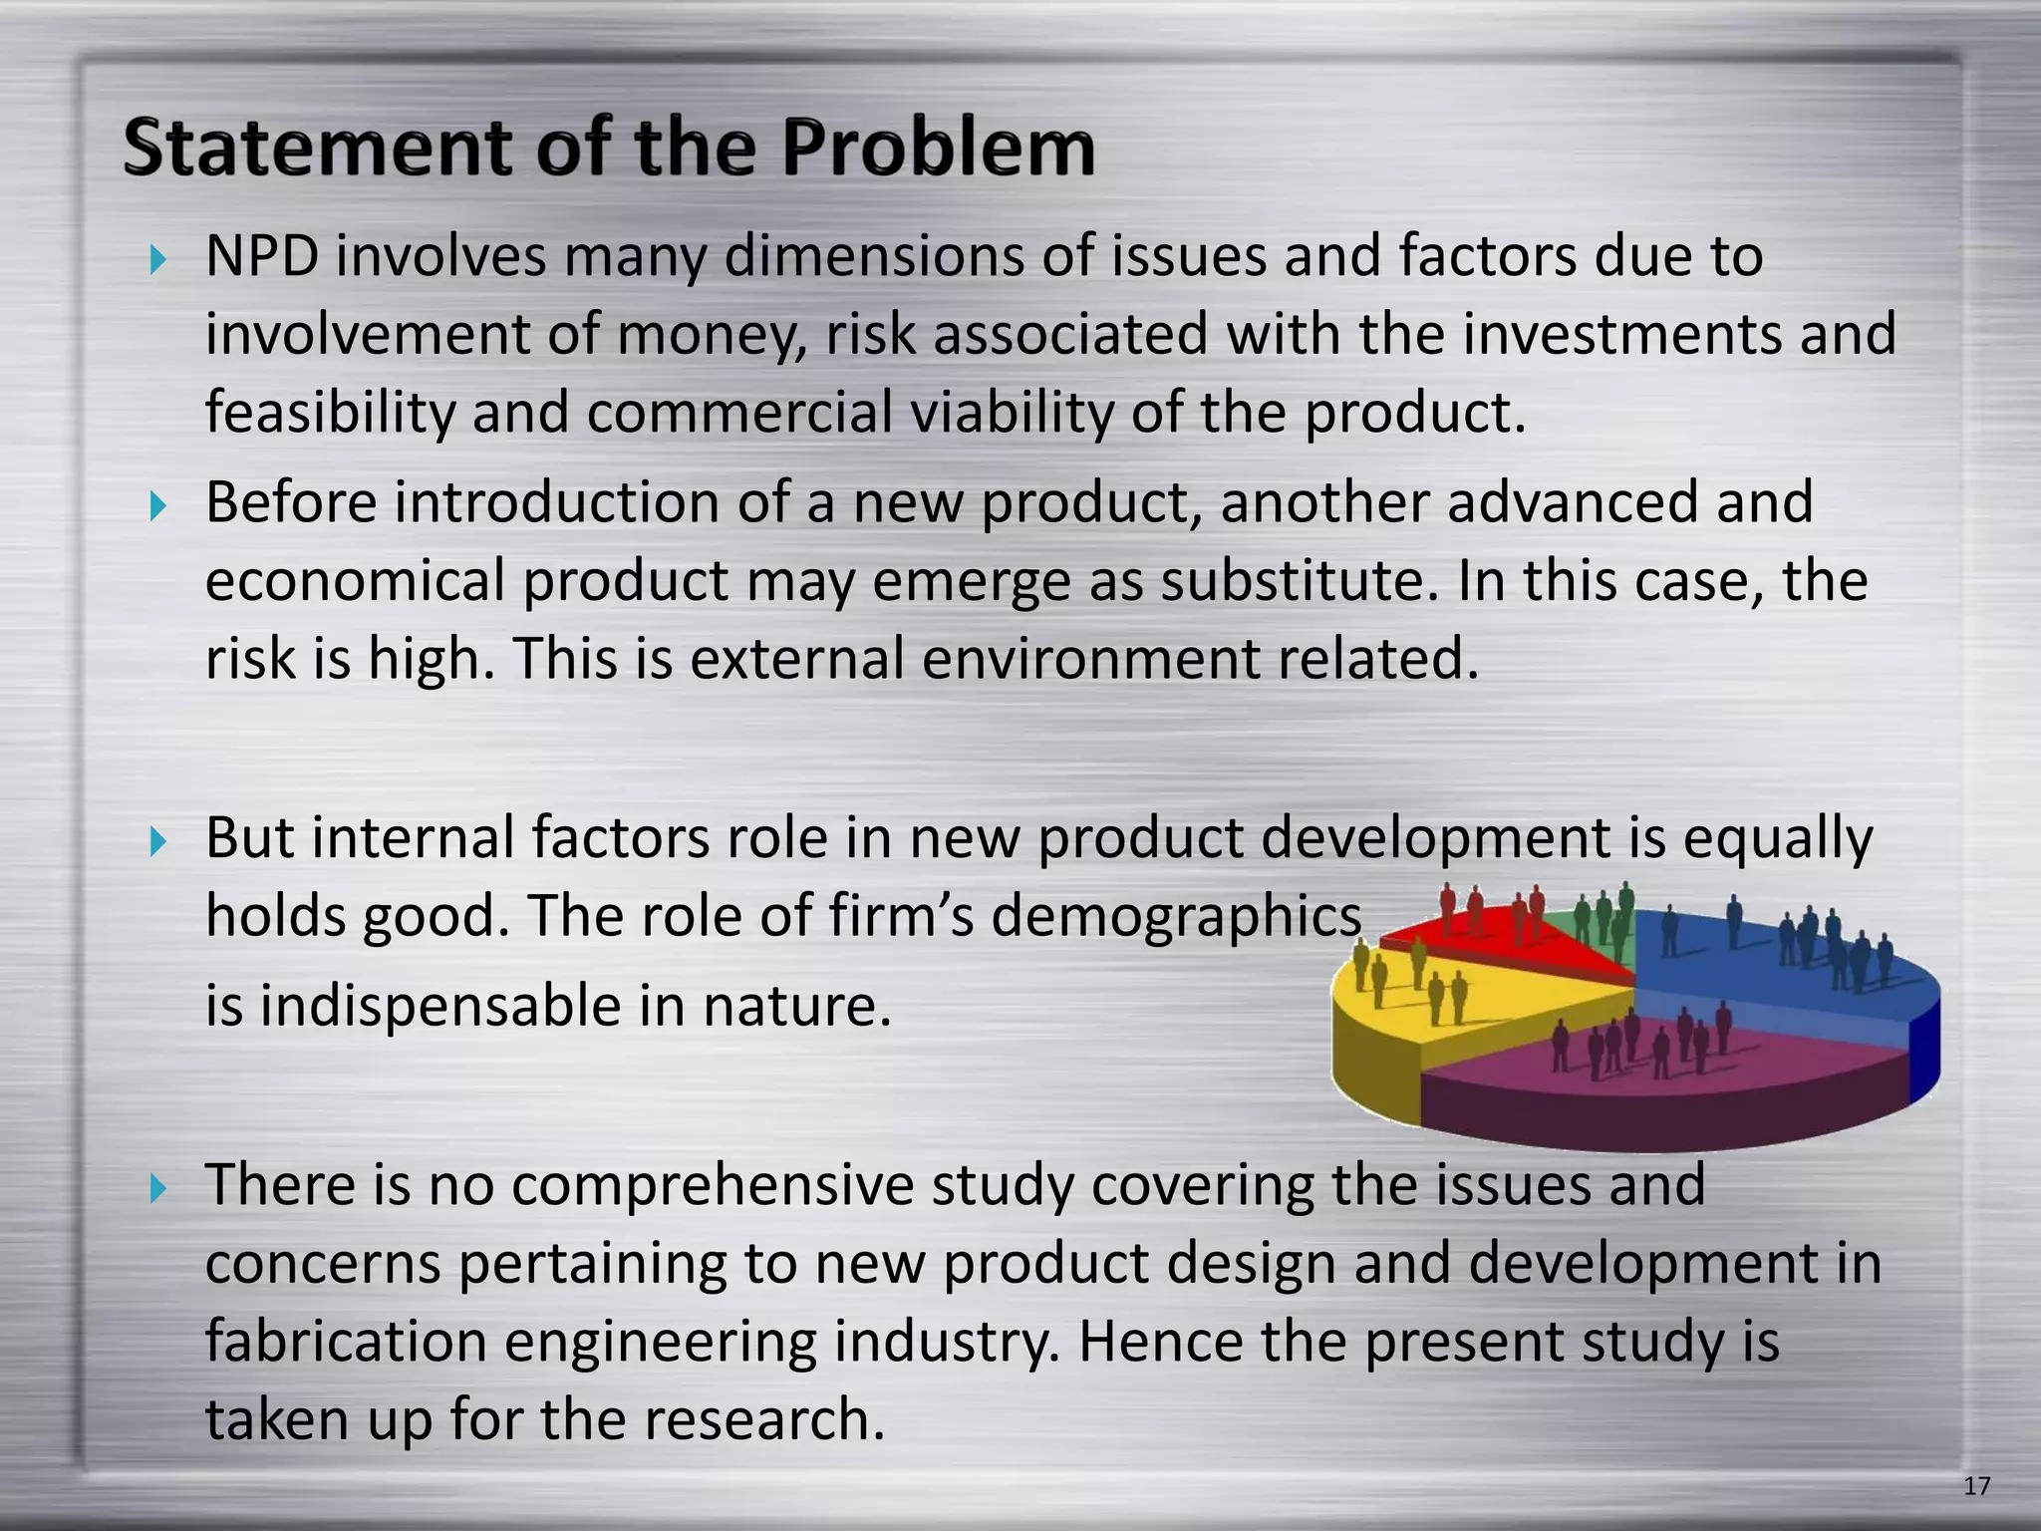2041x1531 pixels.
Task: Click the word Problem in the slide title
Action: coord(937,148)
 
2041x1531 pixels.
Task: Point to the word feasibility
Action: coord(329,413)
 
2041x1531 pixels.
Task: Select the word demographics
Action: coord(1176,916)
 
